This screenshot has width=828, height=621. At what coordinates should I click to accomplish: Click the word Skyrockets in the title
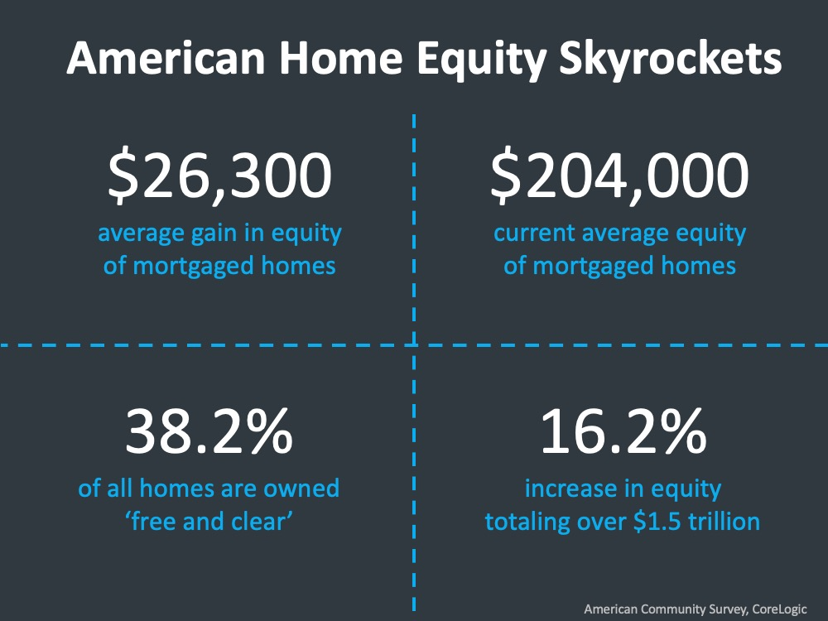click(670, 59)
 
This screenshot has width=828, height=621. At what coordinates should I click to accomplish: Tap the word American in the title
click(166, 58)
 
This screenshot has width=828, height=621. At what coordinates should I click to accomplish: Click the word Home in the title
click(340, 58)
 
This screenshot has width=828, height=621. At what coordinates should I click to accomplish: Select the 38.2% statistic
click(209, 431)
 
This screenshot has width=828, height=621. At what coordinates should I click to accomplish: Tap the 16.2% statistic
click(623, 431)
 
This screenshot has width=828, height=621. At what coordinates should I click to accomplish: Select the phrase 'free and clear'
click(209, 522)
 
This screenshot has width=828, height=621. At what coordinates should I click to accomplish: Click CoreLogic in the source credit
click(779, 609)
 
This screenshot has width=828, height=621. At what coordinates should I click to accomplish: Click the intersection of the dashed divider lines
click(413, 345)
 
